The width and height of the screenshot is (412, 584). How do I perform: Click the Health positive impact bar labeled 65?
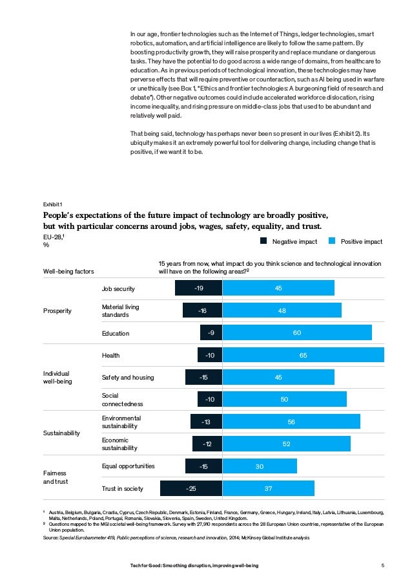303,355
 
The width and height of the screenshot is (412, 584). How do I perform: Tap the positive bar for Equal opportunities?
260,466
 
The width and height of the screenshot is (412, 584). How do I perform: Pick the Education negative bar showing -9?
211,333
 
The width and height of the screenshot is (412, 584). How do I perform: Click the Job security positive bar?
278,288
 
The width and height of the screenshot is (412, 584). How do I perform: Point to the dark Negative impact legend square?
263,241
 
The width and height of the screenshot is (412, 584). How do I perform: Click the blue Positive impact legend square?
332,241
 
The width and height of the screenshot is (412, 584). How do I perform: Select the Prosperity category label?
57,311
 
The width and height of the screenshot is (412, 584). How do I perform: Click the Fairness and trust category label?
56,477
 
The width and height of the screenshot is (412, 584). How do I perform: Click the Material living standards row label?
121,310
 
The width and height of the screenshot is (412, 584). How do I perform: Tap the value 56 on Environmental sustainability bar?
291,422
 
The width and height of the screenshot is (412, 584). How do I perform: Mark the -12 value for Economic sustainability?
207,444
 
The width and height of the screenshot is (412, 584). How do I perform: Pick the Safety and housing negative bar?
203,377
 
